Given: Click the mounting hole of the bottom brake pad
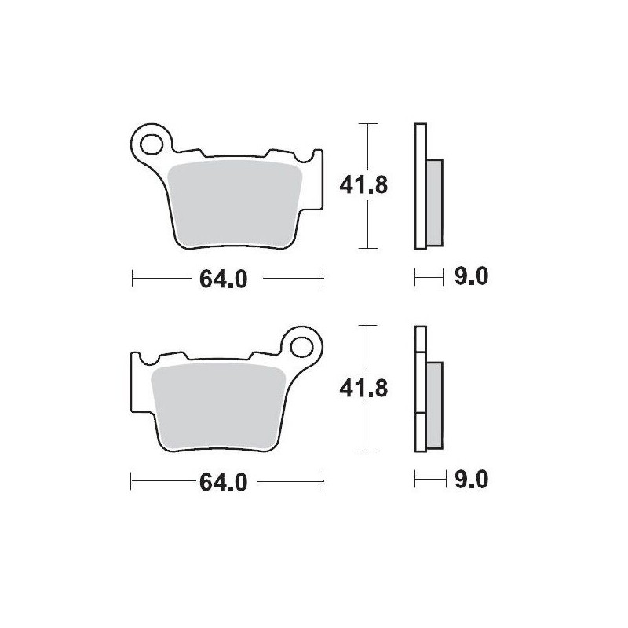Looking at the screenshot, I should click(x=305, y=345).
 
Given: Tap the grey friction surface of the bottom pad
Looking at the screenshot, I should click(x=220, y=404).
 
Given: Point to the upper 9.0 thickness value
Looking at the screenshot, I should click(x=470, y=277).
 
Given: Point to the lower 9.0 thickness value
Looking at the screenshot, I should click(x=470, y=480).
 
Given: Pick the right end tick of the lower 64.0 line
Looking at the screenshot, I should click(x=323, y=480).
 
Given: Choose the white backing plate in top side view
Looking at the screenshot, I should click(x=420, y=186).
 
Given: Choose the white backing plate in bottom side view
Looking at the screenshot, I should click(x=420, y=389).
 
